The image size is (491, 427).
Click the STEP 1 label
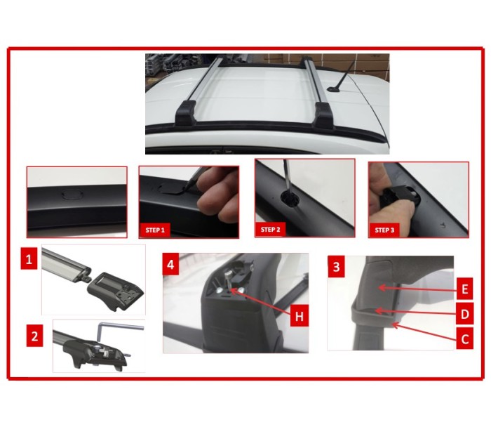(155, 230)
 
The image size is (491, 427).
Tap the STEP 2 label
(271, 230)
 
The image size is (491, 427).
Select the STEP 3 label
(384, 230)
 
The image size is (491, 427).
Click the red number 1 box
(29, 258)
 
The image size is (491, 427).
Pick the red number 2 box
(34, 336)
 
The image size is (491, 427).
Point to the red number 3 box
(336, 267)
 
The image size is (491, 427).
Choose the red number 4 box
(170, 264)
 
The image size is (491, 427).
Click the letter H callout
(300, 315)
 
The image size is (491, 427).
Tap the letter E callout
(464, 289)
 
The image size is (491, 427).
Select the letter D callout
(464, 313)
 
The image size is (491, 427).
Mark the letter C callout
(464, 339)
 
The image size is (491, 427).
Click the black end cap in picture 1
(115, 290)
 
